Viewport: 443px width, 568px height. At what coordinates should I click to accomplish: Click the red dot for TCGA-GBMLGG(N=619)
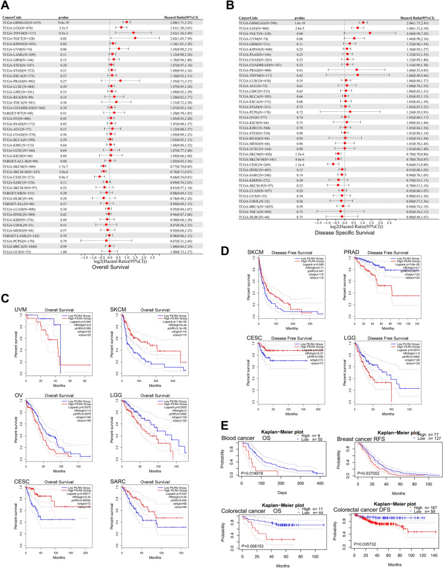coord(127,22)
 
